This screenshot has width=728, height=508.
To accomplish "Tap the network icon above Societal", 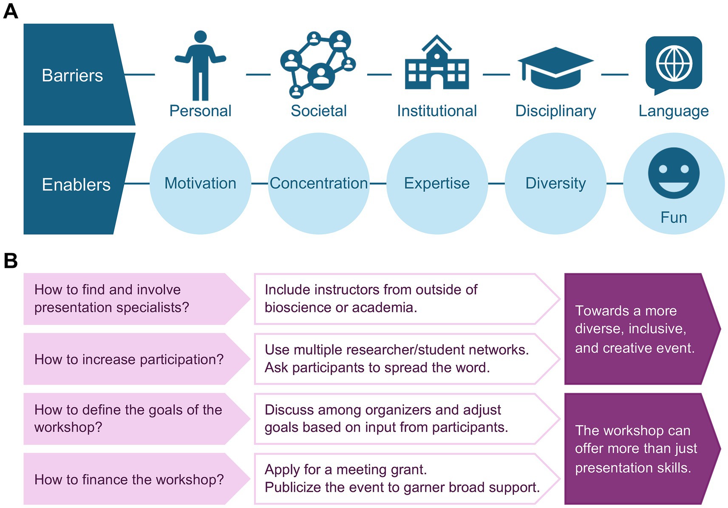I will (x=318, y=64).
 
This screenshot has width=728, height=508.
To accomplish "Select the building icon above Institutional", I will (x=437, y=64).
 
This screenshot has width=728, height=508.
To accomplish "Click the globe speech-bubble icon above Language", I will (x=674, y=64).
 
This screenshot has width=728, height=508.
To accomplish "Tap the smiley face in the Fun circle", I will (x=674, y=173).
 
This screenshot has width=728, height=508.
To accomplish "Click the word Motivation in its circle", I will (x=200, y=183).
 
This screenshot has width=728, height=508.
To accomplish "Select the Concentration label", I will (x=318, y=183).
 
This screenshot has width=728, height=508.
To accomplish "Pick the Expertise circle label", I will (x=437, y=183).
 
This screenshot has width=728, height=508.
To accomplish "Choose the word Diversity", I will (x=555, y=183).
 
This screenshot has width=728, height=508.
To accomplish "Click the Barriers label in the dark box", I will (x=72, y=75).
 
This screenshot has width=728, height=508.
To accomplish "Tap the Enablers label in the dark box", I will (x=76, y=184).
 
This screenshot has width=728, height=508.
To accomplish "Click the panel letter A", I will (x=10, y=11).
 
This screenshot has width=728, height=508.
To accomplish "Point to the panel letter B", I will (x=10, y=260).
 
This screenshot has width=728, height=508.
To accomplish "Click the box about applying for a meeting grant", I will (x=402, y=479).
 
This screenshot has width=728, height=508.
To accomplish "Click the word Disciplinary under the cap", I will (x=555, y=111).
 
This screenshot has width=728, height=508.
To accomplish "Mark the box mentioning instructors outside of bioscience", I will (x=402, y=299).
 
